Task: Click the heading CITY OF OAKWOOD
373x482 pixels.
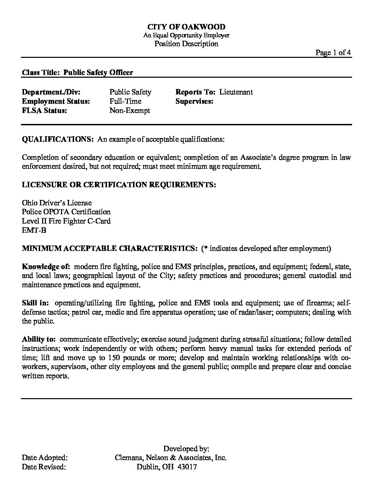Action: tap(186, 27)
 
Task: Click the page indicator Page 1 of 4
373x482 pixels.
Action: tap(333, 52)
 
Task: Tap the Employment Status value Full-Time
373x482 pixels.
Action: tap(125, 101)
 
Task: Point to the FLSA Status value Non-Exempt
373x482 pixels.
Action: tap(130, 111)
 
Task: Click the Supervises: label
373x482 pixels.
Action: tap(194, 101)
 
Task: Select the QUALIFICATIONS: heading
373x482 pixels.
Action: tap(58, 139)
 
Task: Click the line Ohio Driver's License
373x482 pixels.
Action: tap(57, 203)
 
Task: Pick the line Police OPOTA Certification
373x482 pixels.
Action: tap(66, 212)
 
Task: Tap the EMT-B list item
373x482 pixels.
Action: tap(34, 230)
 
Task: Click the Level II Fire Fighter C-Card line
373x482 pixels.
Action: tap(66, 221)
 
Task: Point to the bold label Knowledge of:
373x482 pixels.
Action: tap(46, 266)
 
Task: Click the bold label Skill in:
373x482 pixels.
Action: tap(36, 303)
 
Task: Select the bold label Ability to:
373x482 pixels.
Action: tap(39, 339)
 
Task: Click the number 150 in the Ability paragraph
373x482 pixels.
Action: tap(113, 358)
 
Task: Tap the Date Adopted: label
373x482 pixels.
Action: tap(45, 458)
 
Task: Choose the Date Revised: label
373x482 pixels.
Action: tap(44, 467)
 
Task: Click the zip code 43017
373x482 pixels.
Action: tap(187, 467)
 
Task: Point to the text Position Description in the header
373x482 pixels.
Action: tap(186, 43)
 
